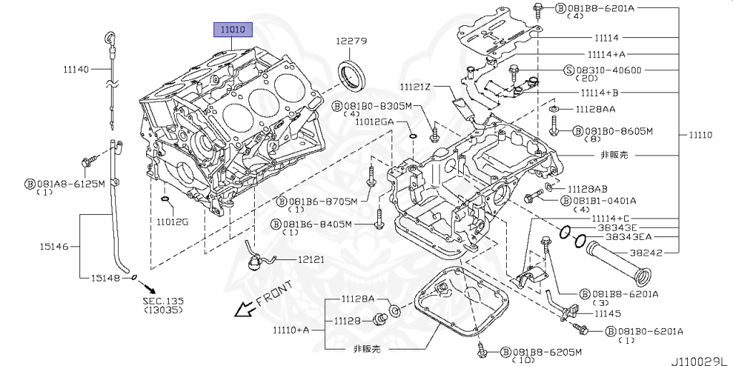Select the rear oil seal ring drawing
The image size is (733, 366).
tap(351, 75)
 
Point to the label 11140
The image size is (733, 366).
tap(76, 69)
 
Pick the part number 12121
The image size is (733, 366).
tap(311, 259)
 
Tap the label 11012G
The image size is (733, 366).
tap(173, 221)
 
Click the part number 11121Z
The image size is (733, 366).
tap(416, 87)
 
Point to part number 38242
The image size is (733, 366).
tap(646, 253)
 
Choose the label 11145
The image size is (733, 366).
tap(606, 313)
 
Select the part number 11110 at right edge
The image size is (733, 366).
tap(704, 135)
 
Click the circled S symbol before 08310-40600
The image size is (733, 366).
tap(570, 70)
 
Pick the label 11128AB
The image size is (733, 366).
tap(587, 188)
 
